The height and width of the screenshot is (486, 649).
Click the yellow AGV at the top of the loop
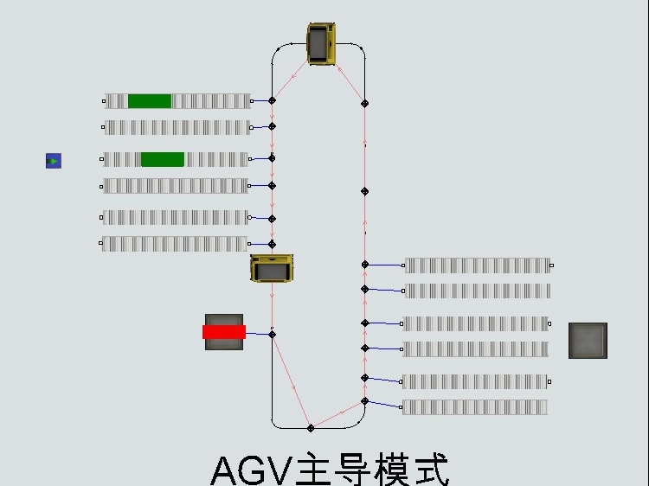(321, 44)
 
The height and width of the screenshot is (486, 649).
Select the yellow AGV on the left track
(272, 268)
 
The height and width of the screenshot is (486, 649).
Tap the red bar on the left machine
(224, 331)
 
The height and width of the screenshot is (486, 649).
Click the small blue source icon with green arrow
(54, 161)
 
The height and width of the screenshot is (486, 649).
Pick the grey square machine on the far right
(588, 340)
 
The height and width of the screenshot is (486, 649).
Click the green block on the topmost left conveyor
(150, 101)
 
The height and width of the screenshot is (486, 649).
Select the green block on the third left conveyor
(163, 159)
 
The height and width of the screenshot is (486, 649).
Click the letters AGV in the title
(251, 470)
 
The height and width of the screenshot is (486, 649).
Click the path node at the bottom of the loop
(311, 428)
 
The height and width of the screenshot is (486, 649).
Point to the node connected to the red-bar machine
(272, 334)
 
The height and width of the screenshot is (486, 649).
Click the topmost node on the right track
(364, 103)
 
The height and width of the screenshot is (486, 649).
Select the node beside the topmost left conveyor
(272, 101)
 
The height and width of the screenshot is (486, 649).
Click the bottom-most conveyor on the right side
(475, 407)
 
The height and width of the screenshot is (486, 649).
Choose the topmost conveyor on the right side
(477, 265)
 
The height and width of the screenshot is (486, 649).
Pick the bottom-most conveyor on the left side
(175, 244)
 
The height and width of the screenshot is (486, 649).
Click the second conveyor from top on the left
(177, 128)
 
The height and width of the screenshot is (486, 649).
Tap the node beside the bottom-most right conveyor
(364, 401)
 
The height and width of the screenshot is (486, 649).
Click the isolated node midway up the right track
(364, 191)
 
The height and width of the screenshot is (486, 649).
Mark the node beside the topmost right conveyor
(364, 265)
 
